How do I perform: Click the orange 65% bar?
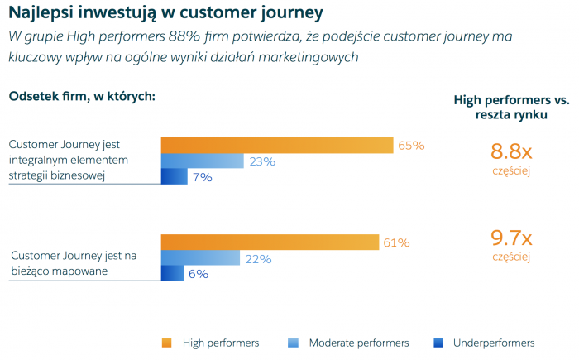click(x=276, y=145)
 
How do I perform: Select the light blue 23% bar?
click(x=202, y=161)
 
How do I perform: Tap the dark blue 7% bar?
click(x=174, y=176)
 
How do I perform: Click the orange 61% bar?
click(x=270, y=242)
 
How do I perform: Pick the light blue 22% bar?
click(x=200, y=257)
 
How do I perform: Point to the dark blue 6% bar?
click(x=172, y=273)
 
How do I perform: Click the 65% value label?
click(x=411, y=146)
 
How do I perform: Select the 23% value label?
click(x=262, y=161)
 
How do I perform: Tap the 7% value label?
click(x=202, y=177)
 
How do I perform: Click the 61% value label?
click(x=396, y=242)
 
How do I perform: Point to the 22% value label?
click(x=258, y=258)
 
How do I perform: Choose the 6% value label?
click(x=199, y=274)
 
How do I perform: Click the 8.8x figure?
click(x=511, y=151)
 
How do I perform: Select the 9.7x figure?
click(x=511, y=238)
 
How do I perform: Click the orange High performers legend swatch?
click(x=166, y=343)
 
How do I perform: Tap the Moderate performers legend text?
click(x=359, y=343)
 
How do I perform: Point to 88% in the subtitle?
click(x=194, y=37)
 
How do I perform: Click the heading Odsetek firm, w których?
click(x=82, y=96)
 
